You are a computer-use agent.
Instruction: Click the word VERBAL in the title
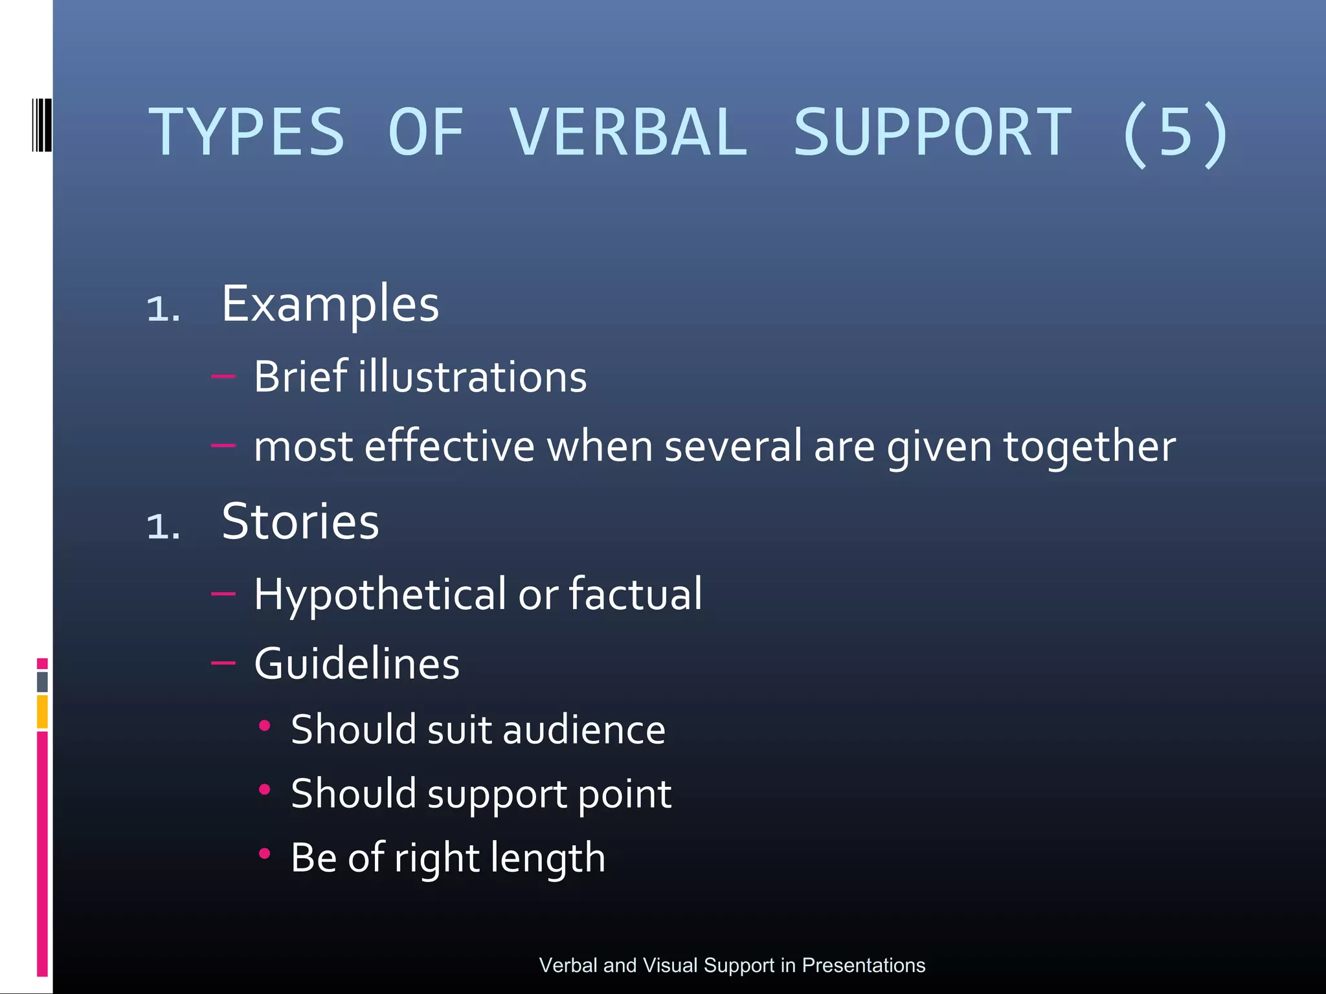tap(628, 133)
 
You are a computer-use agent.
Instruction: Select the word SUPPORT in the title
tap(932, 133)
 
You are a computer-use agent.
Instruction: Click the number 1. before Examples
tap(163, 309)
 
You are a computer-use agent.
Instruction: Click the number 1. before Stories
tap(163, 526)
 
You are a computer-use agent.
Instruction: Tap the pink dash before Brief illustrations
tap(223, 375)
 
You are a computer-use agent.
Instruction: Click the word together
tap(1089, 447)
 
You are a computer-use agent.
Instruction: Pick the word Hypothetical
tap(380, 594)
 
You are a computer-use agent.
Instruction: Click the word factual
tap(635, 594)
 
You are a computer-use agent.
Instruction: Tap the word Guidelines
tap(357, 664)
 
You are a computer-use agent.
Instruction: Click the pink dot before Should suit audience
tap(264, 726)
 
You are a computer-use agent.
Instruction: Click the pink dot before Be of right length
tap(264, 854)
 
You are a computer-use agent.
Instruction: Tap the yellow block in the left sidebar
tap(42, 711)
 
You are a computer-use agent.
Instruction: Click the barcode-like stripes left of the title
tap(41, 125)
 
